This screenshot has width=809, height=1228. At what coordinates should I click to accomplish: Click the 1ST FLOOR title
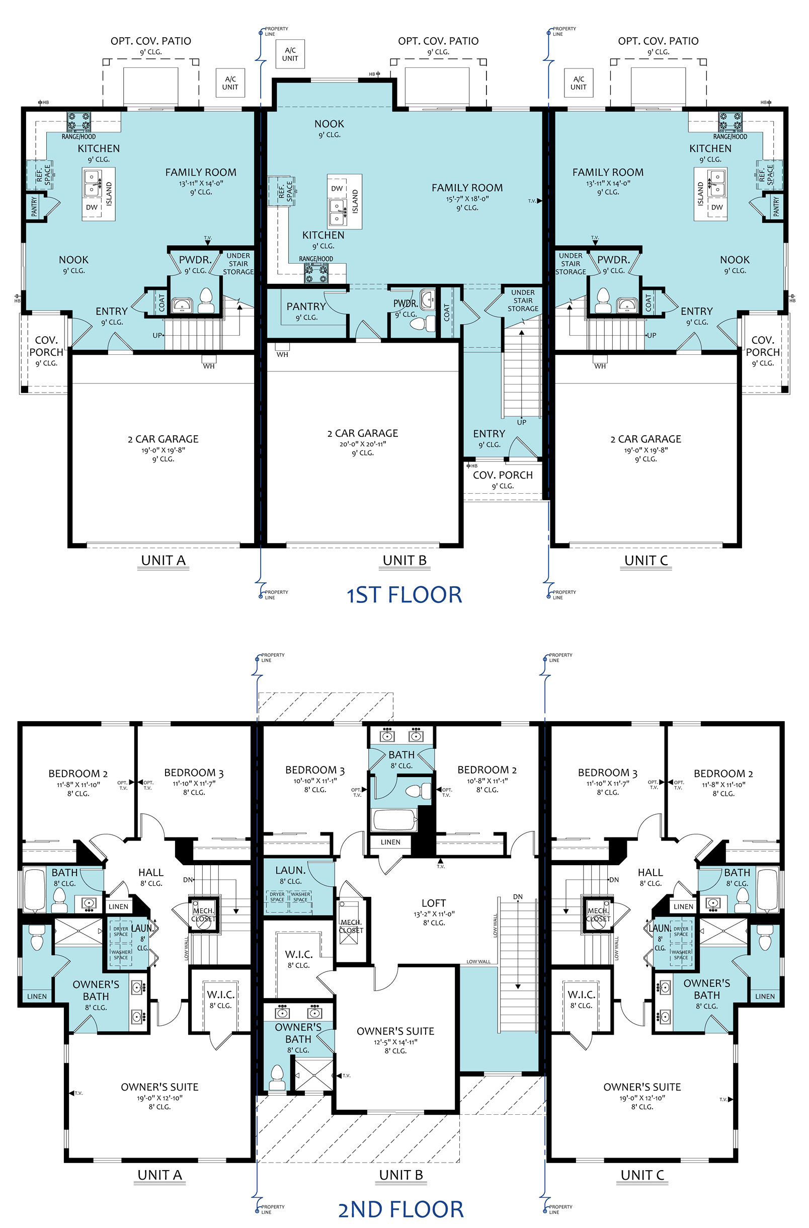404,595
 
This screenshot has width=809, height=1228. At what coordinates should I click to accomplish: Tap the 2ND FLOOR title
401,1209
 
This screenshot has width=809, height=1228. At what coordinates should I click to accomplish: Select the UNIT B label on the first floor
405,560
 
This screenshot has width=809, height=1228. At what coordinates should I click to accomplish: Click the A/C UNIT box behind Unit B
290,54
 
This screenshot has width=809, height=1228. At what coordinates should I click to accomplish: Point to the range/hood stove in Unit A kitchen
78,122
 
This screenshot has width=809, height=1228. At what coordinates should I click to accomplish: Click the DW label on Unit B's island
337,189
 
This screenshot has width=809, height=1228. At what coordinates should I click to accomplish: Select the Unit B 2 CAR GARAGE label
363,433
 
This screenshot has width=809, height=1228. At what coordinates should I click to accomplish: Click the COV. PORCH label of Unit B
503,475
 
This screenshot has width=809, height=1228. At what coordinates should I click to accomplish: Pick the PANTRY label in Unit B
306,306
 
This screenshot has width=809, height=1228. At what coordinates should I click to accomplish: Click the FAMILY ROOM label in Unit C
608,172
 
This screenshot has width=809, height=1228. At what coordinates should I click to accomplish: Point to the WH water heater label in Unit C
600,366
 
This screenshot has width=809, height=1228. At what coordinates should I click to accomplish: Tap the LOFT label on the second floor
433,903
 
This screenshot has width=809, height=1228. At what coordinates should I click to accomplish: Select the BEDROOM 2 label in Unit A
78,774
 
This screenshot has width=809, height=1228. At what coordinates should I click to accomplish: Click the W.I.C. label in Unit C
582,994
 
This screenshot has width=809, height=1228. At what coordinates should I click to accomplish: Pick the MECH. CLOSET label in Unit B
351,926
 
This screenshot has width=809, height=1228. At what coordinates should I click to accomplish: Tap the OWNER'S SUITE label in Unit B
395,1031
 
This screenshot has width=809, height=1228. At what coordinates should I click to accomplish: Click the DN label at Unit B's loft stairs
518,897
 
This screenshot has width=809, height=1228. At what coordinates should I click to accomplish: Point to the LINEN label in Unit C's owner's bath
765,996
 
